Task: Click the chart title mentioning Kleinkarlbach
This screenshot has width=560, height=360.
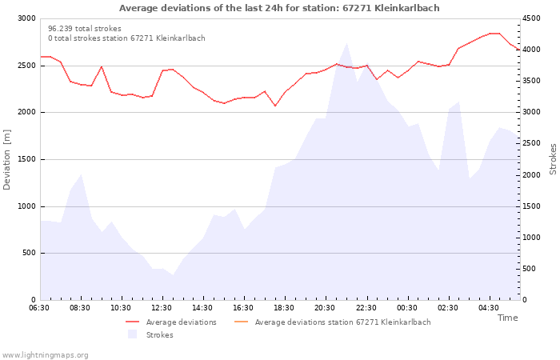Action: tap(279, 8)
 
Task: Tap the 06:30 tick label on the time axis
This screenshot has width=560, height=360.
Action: tap(39, 308)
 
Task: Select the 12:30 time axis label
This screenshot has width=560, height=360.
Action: tap(162, 308)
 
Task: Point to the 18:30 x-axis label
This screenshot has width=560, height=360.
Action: tap(284, 308)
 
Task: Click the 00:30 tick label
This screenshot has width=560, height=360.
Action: tap(406, 308)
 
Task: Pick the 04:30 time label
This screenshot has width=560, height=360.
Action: tap(489, 308)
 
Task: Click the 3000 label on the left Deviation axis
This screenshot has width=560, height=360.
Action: tap(26, 18)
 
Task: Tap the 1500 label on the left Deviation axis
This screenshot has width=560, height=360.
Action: tap(26, 159)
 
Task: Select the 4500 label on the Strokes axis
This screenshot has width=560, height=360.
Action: tap(531, 18)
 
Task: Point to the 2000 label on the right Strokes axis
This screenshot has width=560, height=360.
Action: tap(531, 175)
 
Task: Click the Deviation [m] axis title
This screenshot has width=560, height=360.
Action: tap(6, 159)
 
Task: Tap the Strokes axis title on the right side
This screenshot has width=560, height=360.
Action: tap(553, 159)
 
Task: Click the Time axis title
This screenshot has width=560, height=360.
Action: tap(507, 318)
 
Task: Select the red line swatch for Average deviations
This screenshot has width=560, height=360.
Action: tap(132, 322)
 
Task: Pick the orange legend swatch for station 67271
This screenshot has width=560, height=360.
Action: tap(241, 322)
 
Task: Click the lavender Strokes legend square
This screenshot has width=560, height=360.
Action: tap(133, 334)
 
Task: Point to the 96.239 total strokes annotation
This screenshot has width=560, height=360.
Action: tap(85, 29)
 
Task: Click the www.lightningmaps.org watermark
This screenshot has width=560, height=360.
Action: tap(45, 355)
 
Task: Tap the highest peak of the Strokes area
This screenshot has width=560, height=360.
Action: tap(346, 43)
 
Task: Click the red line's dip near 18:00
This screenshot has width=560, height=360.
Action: tap(275, 106)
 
